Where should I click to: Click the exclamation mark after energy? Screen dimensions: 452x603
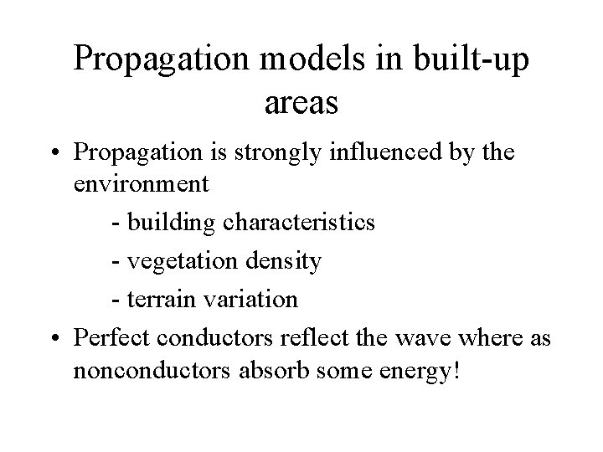pos(456,369)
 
